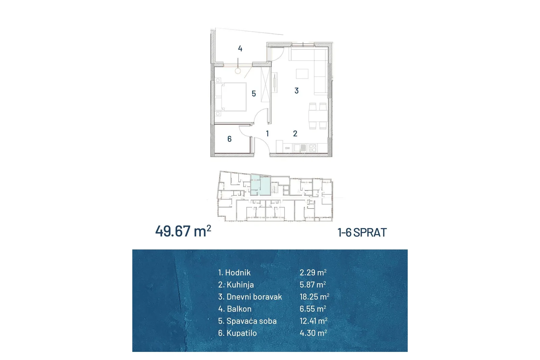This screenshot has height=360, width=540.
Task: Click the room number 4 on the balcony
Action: (240, 49)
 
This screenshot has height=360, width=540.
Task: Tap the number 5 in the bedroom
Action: (253, 93)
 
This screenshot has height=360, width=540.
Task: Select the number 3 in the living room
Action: (297, 91)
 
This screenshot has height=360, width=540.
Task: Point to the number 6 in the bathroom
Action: (230, 139)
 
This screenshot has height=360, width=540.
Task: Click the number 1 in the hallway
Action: (267, 134)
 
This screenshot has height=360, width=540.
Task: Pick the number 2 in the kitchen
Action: (295, 134)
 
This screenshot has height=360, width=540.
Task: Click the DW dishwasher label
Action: (287, 148)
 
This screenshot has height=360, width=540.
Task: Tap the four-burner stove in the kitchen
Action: (313, 148)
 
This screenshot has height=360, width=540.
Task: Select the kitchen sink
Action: (300, 148)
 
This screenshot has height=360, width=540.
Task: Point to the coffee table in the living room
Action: (302, 74)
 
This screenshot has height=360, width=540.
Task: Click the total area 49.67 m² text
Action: (183, 231)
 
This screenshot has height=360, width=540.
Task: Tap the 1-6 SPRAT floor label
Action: (362, 232)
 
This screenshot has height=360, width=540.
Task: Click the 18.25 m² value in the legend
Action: (314, 297)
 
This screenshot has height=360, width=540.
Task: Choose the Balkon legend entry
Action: (235, 309)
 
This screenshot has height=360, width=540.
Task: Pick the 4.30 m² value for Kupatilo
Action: (314, 333)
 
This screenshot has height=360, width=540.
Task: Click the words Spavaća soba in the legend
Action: (251, 321)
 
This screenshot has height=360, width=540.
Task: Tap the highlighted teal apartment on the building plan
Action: (260, 185)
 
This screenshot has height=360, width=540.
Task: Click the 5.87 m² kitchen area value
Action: (313, 284)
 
